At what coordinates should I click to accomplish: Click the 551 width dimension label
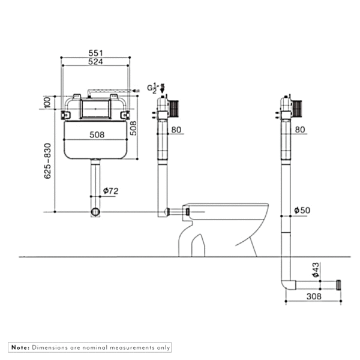point(97,53)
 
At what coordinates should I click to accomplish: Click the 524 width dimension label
point(97,62)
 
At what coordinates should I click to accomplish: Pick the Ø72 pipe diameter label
point(110,191)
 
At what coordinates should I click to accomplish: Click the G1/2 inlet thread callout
point(154,88)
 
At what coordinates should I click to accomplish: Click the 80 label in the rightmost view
point(301,129)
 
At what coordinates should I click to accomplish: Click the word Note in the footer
point(20,347)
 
